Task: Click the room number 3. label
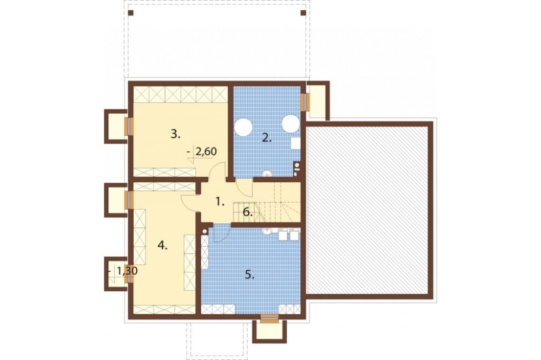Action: coord(176,134)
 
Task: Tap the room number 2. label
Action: coord(267,138)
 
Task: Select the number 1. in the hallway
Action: coord(220,202)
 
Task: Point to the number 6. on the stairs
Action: coord(247,212)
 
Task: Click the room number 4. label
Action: coord(162,245)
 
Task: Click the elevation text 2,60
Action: coord(206,151)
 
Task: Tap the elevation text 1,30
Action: coord(127,271)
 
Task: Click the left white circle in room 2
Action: coord(243,126)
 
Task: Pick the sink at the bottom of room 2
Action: coord(267,173)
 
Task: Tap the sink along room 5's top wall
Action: coord(267,232)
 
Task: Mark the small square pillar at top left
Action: coord(130,13)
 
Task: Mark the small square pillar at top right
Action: coord(304,13)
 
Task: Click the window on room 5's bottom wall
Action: coord(269,318)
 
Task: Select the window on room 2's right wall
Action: coord(304,102)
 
